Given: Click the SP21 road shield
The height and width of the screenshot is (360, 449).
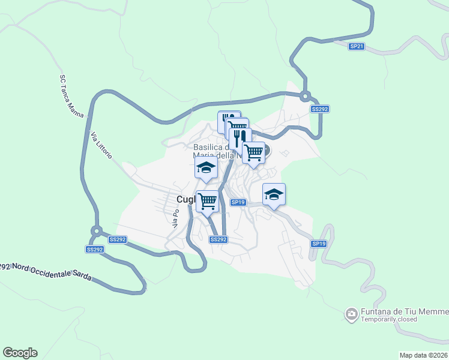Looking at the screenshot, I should [x=357, y=46].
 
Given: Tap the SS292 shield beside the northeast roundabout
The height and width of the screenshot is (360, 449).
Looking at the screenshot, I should [x=319, y=109].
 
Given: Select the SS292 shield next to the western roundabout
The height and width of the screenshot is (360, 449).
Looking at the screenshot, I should [x=95, y=249].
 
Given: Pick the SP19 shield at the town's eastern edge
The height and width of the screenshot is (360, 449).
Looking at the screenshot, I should [x=319, y=244].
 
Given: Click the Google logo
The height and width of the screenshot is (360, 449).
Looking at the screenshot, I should [x=20, y=353].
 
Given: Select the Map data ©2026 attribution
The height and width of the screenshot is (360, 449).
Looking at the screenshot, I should [x=423, y=355].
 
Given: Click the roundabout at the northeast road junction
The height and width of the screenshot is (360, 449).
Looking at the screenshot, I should [x=306, y=95].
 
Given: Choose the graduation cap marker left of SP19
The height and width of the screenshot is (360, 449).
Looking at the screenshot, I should [x=205, y=167].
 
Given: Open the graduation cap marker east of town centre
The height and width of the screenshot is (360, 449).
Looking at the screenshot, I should [x=274, y=194].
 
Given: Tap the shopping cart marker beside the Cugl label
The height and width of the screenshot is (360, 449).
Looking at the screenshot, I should [x=207, y=200].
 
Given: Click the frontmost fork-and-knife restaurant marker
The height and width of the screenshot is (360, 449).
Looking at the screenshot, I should [x=240, y=138].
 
